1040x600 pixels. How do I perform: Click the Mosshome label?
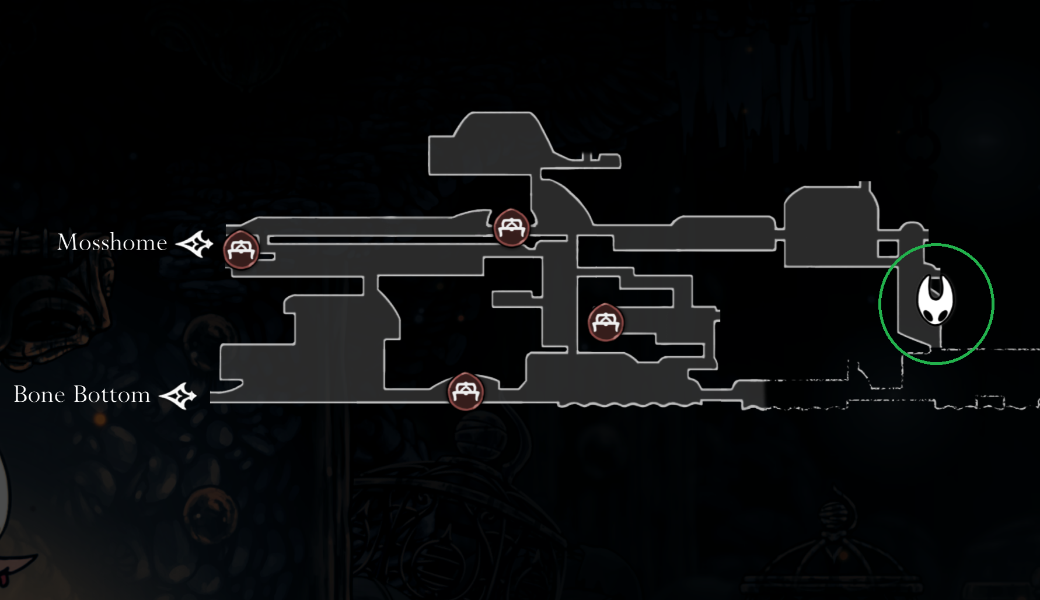112,242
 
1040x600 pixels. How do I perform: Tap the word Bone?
39,395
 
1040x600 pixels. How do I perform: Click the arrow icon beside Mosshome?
194,244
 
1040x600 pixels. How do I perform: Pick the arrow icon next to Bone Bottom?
178,396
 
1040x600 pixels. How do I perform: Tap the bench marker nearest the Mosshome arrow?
240,250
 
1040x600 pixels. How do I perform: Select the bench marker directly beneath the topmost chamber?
511,227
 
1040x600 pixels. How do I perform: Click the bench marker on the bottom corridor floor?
465,391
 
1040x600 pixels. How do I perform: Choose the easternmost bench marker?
605,322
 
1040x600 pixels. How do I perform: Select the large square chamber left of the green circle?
829,227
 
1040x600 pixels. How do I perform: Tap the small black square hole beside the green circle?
887,249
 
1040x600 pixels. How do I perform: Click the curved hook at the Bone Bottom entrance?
231,386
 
